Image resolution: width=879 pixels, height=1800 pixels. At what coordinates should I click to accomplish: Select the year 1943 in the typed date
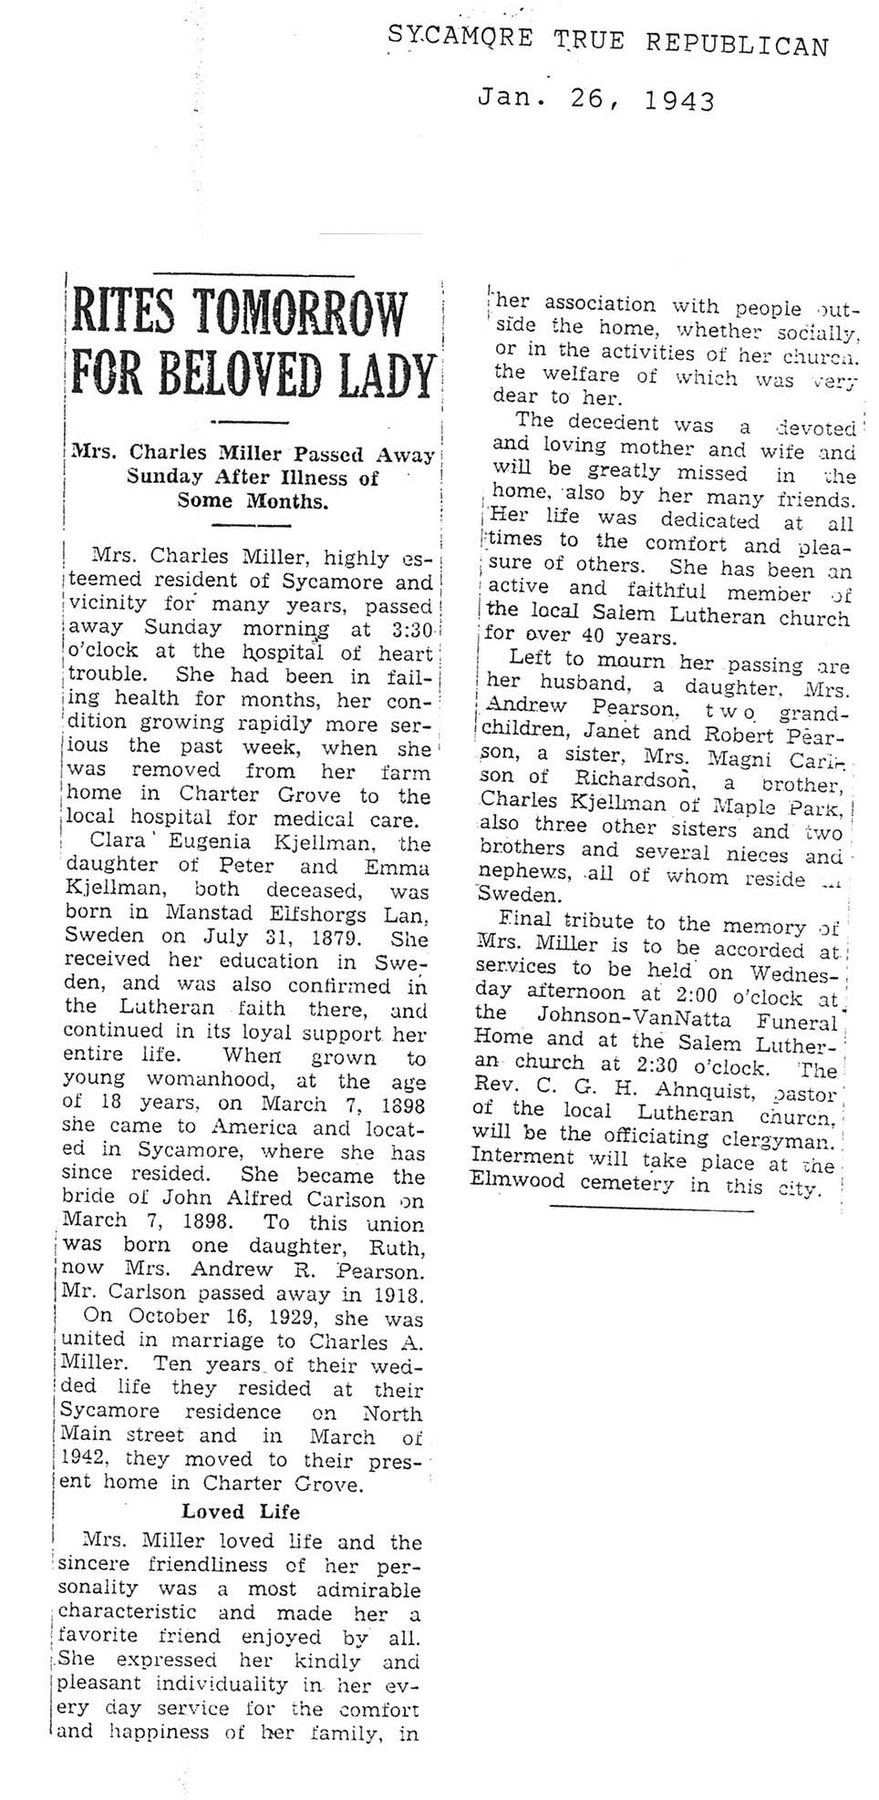[679, 101]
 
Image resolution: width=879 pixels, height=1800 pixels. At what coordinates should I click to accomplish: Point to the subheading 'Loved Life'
[241, 1511]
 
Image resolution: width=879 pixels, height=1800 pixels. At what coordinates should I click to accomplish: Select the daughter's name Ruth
[395, 1245]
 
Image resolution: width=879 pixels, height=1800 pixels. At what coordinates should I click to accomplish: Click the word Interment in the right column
[522, 1158]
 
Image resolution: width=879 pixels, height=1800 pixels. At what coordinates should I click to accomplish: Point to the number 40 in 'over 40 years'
[592, 637]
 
